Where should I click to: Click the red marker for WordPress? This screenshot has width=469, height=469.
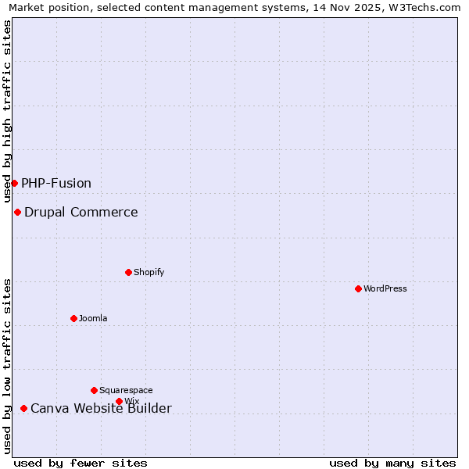tap(358, 288)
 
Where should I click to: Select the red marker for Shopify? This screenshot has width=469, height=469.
tap(128, 272)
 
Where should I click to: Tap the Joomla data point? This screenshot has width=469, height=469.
tap(73, 318)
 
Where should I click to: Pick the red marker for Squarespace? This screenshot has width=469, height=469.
tap(94, 390)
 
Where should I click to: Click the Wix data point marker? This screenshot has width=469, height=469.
tap(119, 401)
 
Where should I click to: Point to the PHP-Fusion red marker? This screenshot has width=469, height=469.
tap(14, 183)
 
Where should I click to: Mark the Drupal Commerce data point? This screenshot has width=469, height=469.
tap(17, 212)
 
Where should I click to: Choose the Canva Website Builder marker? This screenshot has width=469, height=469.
tap(23, 408)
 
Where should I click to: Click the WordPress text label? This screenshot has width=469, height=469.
tap(385, 288)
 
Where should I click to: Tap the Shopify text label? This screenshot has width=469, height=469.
tap(149, 272)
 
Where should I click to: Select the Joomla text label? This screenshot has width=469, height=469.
tap(93, 318)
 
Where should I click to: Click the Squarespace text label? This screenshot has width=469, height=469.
tap(126, 390)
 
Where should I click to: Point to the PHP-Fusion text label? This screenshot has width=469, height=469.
tap(56, 183)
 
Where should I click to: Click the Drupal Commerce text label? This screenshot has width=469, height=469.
tap(81, 212)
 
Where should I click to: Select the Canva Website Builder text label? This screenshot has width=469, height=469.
tap(101, 408)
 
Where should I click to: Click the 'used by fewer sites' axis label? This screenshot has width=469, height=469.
tap(81, 463)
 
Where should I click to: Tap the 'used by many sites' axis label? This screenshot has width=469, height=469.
tap(392, 463)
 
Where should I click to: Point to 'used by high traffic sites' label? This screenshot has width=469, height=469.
tap(8, 111)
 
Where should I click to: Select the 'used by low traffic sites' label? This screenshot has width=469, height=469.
tap(8, 366)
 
